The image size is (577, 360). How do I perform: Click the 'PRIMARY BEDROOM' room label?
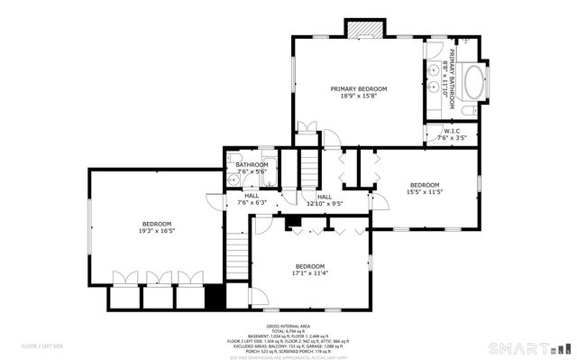pyautogui.click(x=358, y=88)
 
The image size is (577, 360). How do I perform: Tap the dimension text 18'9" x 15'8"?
pyautogui.click(x=358, y=96)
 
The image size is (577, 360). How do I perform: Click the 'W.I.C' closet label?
pyautogui.click(x=451, y=132)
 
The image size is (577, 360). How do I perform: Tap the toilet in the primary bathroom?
pyautogui.click(x=468, y=110)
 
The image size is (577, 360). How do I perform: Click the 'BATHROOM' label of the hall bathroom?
pyautogui.click(x=252, y=164)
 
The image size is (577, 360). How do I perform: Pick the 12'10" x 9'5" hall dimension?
pyautogui.click(x=324, y=203)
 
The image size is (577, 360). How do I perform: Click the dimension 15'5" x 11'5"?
pyautogui.click(x=424, y=191)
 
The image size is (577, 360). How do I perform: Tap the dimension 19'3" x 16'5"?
pyautogui.click(x=156, y=231)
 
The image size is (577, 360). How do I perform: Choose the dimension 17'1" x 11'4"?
pyautogui.click(x=309, y=272)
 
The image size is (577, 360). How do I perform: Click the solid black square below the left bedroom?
pyautogui.click(x=214, y=297)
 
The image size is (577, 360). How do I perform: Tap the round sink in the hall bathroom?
pyautogui.click(x=233, y=176)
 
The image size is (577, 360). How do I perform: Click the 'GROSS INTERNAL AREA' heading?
pyautogui.click(x=288, y=326)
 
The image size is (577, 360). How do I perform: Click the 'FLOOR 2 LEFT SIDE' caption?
pyautogui.click(x=42, y=346)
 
